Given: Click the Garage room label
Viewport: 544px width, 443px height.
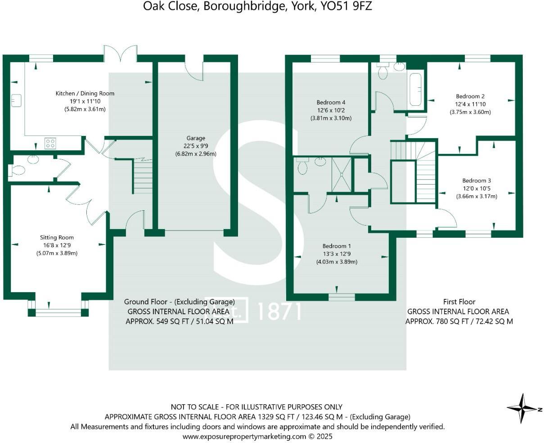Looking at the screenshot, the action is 196,138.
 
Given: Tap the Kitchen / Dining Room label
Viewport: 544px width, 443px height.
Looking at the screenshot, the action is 85,94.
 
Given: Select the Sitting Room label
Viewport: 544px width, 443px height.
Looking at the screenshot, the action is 57,238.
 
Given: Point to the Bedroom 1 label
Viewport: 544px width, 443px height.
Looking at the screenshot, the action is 337,246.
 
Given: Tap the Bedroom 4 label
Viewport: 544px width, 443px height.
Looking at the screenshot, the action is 331,102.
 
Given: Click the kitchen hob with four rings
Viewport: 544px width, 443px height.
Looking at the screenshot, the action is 50,144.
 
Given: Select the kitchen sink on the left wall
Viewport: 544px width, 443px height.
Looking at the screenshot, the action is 18,100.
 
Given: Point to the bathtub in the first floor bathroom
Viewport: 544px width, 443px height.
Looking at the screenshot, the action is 415,89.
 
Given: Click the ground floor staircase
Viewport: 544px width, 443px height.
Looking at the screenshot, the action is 143,177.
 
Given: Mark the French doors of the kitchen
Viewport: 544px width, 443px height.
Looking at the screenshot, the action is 120,54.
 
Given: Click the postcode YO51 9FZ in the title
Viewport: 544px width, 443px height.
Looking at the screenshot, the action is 346,6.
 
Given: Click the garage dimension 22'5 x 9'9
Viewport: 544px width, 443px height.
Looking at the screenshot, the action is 196,146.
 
